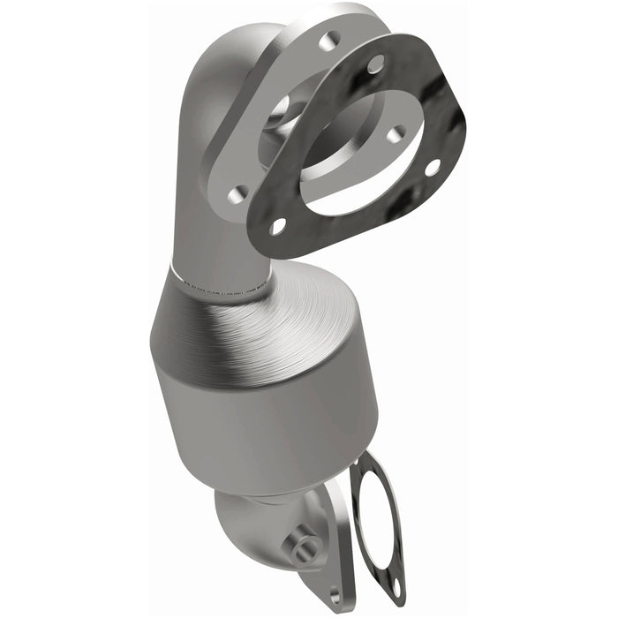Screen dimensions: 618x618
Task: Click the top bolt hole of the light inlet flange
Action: [332, 40]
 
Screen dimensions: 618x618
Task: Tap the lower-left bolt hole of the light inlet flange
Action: [236, 192]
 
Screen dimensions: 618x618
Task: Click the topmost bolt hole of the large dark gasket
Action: [375, 64]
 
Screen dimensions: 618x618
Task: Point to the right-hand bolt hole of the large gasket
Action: [433, 166]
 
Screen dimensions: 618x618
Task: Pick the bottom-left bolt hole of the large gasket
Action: [277, 226]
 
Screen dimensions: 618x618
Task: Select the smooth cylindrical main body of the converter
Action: [265, 415]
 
